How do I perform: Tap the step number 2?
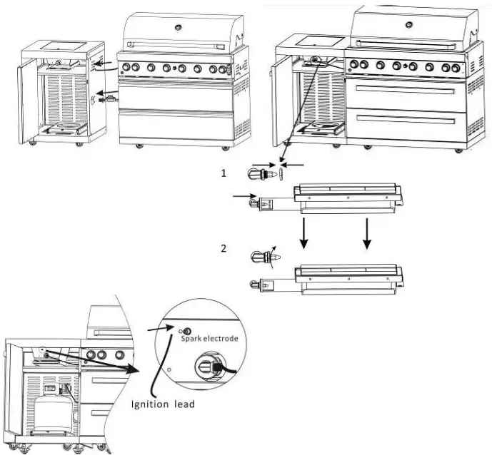coord(224,249)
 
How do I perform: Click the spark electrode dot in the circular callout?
coord(188,331)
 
